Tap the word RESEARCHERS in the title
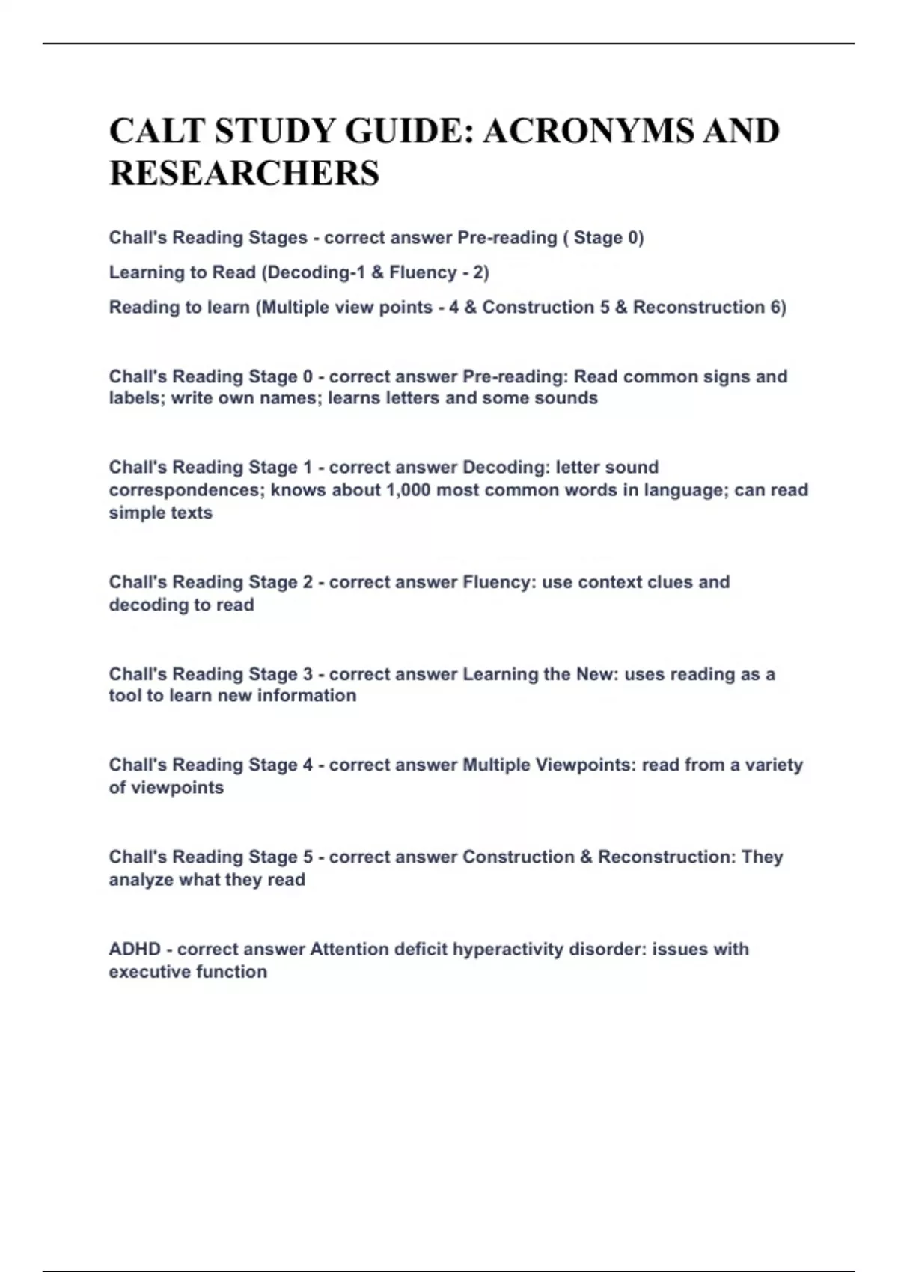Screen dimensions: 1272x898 click(x=245, y=173)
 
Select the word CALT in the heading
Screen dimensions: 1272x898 click(x=156, y=131)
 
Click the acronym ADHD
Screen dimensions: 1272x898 click(x=135, y=949)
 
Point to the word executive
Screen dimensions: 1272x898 click(x=149, y=972)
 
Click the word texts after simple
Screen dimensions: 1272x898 click(x=191, y=513)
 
